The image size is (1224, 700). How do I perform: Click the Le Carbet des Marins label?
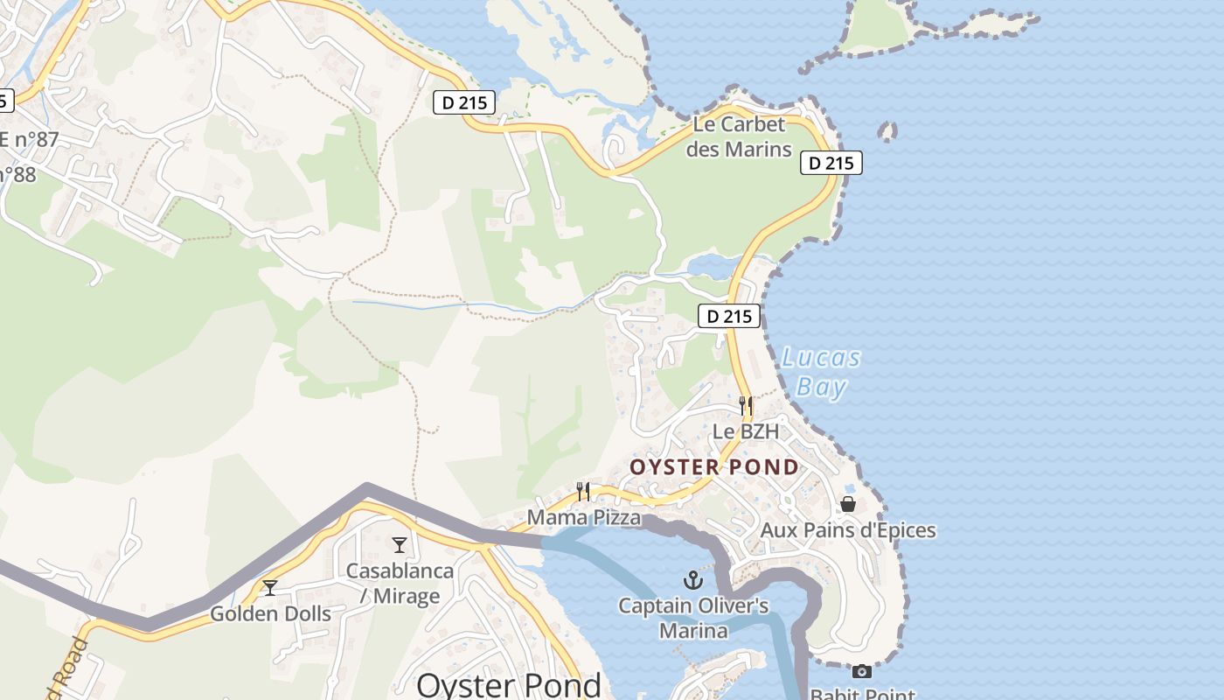click(739, 136)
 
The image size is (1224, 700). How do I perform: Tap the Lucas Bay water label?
click(821, 372)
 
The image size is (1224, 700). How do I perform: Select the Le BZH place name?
click(745, 431)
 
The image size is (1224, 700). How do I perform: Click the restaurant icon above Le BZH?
click(745, 405)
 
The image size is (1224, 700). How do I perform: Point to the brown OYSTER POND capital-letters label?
click(714, 466)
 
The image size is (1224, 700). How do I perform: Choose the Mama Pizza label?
click(583, 518)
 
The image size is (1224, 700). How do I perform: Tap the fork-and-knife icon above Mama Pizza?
click(583, 491)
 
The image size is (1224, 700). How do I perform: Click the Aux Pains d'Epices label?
click(847, 530)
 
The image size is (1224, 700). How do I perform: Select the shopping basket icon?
click(847, 504)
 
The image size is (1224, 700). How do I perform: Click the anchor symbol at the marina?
click(692, 580)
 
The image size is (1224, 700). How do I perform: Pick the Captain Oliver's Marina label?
click(693, 618)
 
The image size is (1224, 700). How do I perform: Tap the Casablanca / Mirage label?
click(400, 584)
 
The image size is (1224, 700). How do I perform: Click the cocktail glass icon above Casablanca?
click(400, 545)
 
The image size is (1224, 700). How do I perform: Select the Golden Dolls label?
click(270, 613)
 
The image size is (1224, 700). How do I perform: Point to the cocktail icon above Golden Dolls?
click(270, 587)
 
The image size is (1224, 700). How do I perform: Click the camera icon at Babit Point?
click(862, 671)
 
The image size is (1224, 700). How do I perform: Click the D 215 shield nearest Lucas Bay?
click(728, 316)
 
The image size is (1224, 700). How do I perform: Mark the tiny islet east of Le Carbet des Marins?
click(887, 132)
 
